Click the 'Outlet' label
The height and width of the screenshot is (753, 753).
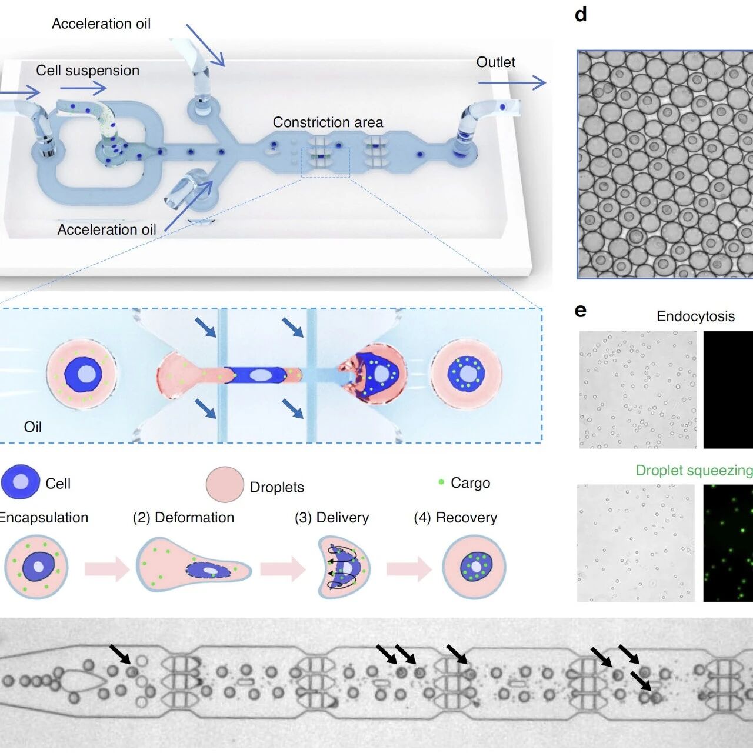(495, 62)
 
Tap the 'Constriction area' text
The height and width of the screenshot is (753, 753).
(328, 122)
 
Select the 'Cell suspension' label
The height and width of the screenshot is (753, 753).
(88, 71)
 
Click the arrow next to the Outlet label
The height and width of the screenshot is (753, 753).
(512, 83)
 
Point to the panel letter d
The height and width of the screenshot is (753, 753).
(581, 15)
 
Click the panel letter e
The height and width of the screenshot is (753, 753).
(581, 311)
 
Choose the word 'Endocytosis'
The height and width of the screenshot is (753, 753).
(695, 316)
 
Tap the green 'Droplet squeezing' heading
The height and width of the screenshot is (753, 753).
(694, 471)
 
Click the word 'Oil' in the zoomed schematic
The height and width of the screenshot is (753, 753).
(32, 427)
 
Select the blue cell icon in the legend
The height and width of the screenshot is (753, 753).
(21, 482)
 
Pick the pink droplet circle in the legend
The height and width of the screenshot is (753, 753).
(225, 484)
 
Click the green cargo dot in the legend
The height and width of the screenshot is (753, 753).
(441, 482)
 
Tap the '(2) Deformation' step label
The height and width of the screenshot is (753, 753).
(184, 518)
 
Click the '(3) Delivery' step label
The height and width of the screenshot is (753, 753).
(332, 518)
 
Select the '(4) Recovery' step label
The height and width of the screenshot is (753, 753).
(455, 518)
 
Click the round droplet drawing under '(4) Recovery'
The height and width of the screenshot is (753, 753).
(474, 567)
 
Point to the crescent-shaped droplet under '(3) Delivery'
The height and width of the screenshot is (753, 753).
(343, 567)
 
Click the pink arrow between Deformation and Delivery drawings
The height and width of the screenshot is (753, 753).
(283, 569)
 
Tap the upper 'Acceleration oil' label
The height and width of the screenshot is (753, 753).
(101, 24)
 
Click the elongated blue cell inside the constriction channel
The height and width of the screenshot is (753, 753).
(256, 375)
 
